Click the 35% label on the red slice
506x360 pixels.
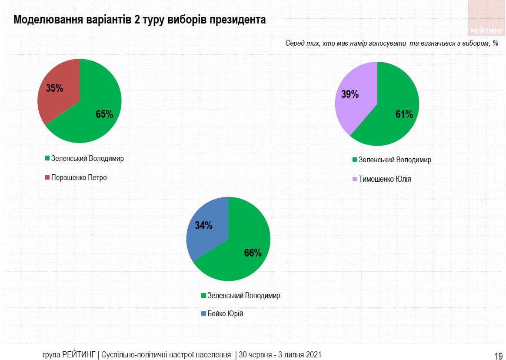(55, 88)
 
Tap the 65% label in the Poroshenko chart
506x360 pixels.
(104, 114)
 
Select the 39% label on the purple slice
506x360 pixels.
(350, 94)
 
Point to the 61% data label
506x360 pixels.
(404, 114)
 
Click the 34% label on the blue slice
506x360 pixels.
(203, 226)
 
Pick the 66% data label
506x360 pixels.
(253, 253)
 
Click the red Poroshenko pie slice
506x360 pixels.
(59, 104)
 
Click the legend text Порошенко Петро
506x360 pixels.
(79, 177)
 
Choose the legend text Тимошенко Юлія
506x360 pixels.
(385, 179)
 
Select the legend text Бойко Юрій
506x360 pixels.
(225, 313)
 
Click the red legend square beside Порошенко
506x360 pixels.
(47, 178)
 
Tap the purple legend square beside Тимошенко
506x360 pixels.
(355, 179)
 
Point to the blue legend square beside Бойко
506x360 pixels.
(203, 313)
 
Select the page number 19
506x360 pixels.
(499, 355)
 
